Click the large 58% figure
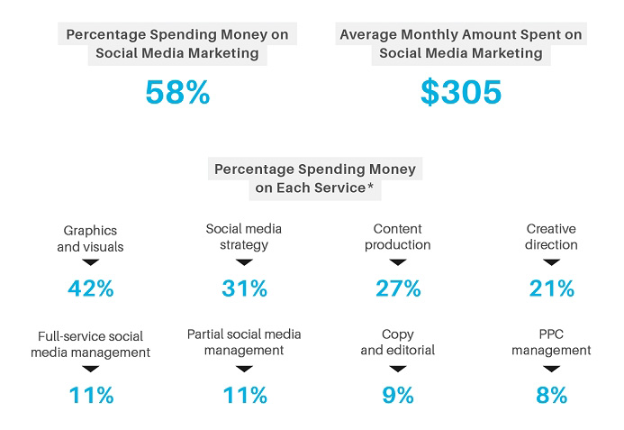click(x=177, y=92)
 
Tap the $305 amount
click(x=461, y=92)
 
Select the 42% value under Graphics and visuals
click(x=91, y=288)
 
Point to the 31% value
click(x=244, y=288)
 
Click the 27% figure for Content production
click(x=398, y=288)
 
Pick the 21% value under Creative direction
click(x=552, y=288)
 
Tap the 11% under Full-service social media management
click(x=91, y=396)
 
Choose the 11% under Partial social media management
click(x=245, y=396)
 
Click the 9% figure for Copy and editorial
click(x=398, y=396)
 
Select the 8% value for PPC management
click(x=552, y=396)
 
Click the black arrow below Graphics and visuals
click(x=91, y=262)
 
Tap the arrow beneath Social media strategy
click(x=244, y=262)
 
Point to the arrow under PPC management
click(x=552, y=369)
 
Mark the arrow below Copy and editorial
click(x=398, y=369)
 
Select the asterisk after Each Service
click(x=370, y=185)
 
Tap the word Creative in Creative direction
click(x=551, y=229)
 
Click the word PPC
click(x=551, y=334)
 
